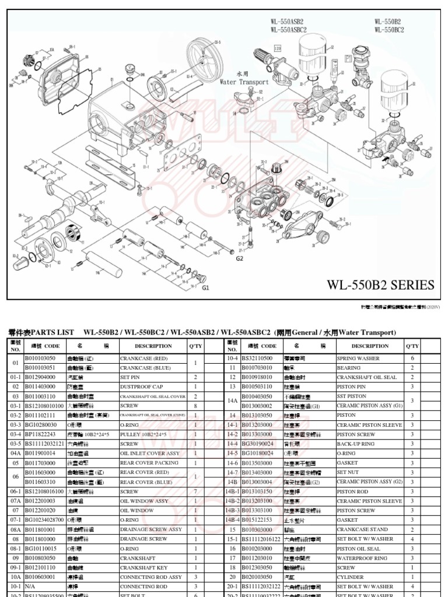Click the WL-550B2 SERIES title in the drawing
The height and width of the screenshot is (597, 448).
pyautogui.click(x=380, y=285)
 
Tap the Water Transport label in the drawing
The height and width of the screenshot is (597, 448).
pyautogui.click(x=244, y=82)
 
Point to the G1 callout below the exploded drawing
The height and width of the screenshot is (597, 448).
pyautogui.click(x=205, y=288)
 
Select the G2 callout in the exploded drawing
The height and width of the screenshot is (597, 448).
pyautogui.click(x=239, y=258)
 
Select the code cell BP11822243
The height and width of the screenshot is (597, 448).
pyautogui.click(x=44, y=434)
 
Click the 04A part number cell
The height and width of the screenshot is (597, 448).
pyautogui.click(x=16, y=453)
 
